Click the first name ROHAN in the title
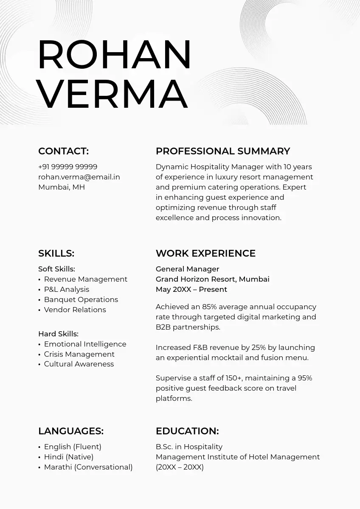(115, 55)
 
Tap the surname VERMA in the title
(112, 94)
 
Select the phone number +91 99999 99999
(67, 167)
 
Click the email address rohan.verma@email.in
(79, 177)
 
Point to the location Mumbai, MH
(62, 187)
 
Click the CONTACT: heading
(63, 151)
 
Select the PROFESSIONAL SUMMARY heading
(223, 151)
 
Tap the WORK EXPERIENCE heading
(205, 253)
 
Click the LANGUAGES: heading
(71, 431)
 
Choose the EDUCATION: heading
(187, 431)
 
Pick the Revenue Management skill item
(85, 279)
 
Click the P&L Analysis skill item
(67, 289)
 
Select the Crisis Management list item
(79, 354)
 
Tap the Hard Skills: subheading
(58, 334)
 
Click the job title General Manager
(187, 269)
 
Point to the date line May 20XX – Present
(191, 289)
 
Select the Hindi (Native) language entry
(69, 457)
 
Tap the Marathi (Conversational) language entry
(88, 467)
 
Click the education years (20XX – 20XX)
(180, 467)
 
